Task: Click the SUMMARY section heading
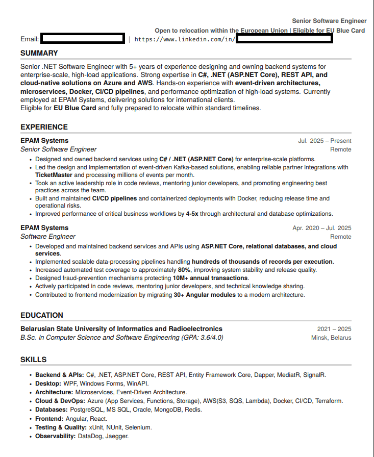[x=39, y=53]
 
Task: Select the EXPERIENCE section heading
[x=44, y=127]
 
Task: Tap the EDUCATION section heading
[x=42, y=315]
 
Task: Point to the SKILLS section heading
[x=34, y=360]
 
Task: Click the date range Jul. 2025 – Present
[x=325, y=141]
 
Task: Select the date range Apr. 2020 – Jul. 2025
[x=321, y=228]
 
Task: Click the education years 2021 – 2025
[x=334, y=329]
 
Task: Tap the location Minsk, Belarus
[x=331, y=338]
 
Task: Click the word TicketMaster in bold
[x=54, y=175]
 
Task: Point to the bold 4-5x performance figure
[x=192, y=214]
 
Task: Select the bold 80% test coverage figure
[x=184, y=270]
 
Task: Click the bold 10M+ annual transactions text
[x=211, y=278]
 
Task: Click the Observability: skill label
[x=56, y=436]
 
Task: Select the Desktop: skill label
[x=48, y=383]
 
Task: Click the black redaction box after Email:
[x=83, y=39]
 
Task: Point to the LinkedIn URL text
[x=185, y=39]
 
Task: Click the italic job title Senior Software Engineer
[x=58, y=149]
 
